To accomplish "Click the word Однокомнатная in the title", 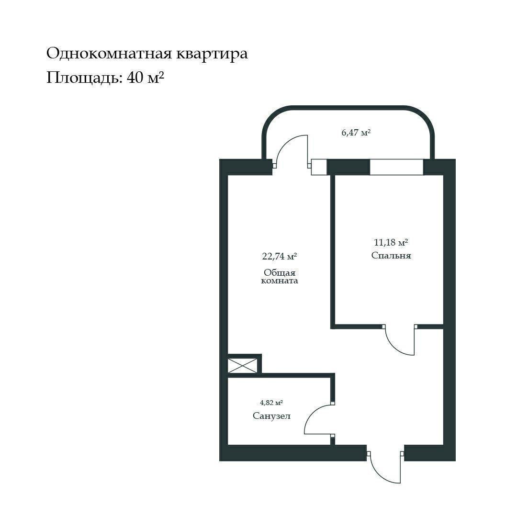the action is pos(109,54).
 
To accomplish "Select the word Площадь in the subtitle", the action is pos(84,79).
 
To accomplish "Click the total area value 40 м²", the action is pos(146,78).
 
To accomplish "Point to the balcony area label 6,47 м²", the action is pos(356,133).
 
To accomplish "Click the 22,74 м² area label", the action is pos(280,256).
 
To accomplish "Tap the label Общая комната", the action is pos(280,276).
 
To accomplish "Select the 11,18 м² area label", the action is pos(391,242).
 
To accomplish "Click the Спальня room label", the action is pos(391,256).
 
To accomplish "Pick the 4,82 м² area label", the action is pos(271,403).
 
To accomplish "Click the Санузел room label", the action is pos(272,416).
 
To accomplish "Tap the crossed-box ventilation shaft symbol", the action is pos(243,366).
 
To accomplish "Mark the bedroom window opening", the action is pos(396,167).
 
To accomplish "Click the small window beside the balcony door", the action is pos(319,167).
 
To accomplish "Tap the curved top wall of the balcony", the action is pos(348,107).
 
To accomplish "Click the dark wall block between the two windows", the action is pos(348,167).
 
